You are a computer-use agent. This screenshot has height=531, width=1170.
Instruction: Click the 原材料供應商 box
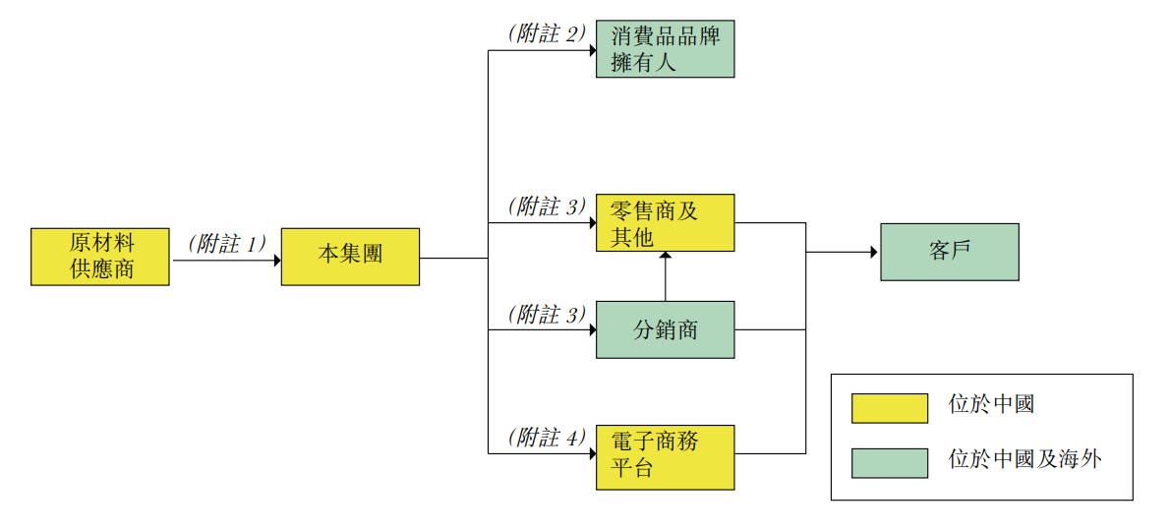pos(99,257)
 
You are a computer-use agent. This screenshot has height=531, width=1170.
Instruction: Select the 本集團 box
pos(350,257)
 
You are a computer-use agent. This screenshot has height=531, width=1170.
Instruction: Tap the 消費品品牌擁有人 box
pos(665,49)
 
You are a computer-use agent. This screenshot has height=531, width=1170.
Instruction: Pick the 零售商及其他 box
pos(665,223)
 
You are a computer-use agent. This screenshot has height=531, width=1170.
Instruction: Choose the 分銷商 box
pos(665,329)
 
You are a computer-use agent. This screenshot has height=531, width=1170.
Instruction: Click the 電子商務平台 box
pos(665,456)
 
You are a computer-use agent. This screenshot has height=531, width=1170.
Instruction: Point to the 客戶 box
pos(949,252)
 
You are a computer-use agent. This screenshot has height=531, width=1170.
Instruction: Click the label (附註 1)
pos(227,244)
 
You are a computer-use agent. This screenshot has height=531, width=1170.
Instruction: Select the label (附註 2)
pos(547,33)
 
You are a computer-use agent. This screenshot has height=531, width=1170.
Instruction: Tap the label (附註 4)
pos(547,438)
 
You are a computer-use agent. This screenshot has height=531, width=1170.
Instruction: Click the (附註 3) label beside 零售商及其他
pos(547,207)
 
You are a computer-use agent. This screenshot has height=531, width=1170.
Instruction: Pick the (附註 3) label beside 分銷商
pos(547,315)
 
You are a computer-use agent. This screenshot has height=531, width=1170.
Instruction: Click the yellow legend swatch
pos(889,408)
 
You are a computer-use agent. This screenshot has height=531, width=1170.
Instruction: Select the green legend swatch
pos(889,462)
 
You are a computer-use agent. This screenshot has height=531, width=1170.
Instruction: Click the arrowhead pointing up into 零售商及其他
pos(666,257)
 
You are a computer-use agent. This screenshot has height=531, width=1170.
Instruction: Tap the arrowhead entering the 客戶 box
pos(874,252)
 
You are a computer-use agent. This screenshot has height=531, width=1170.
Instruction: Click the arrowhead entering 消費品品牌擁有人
pos(592,49)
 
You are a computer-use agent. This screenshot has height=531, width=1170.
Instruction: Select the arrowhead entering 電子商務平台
pos(592,453)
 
